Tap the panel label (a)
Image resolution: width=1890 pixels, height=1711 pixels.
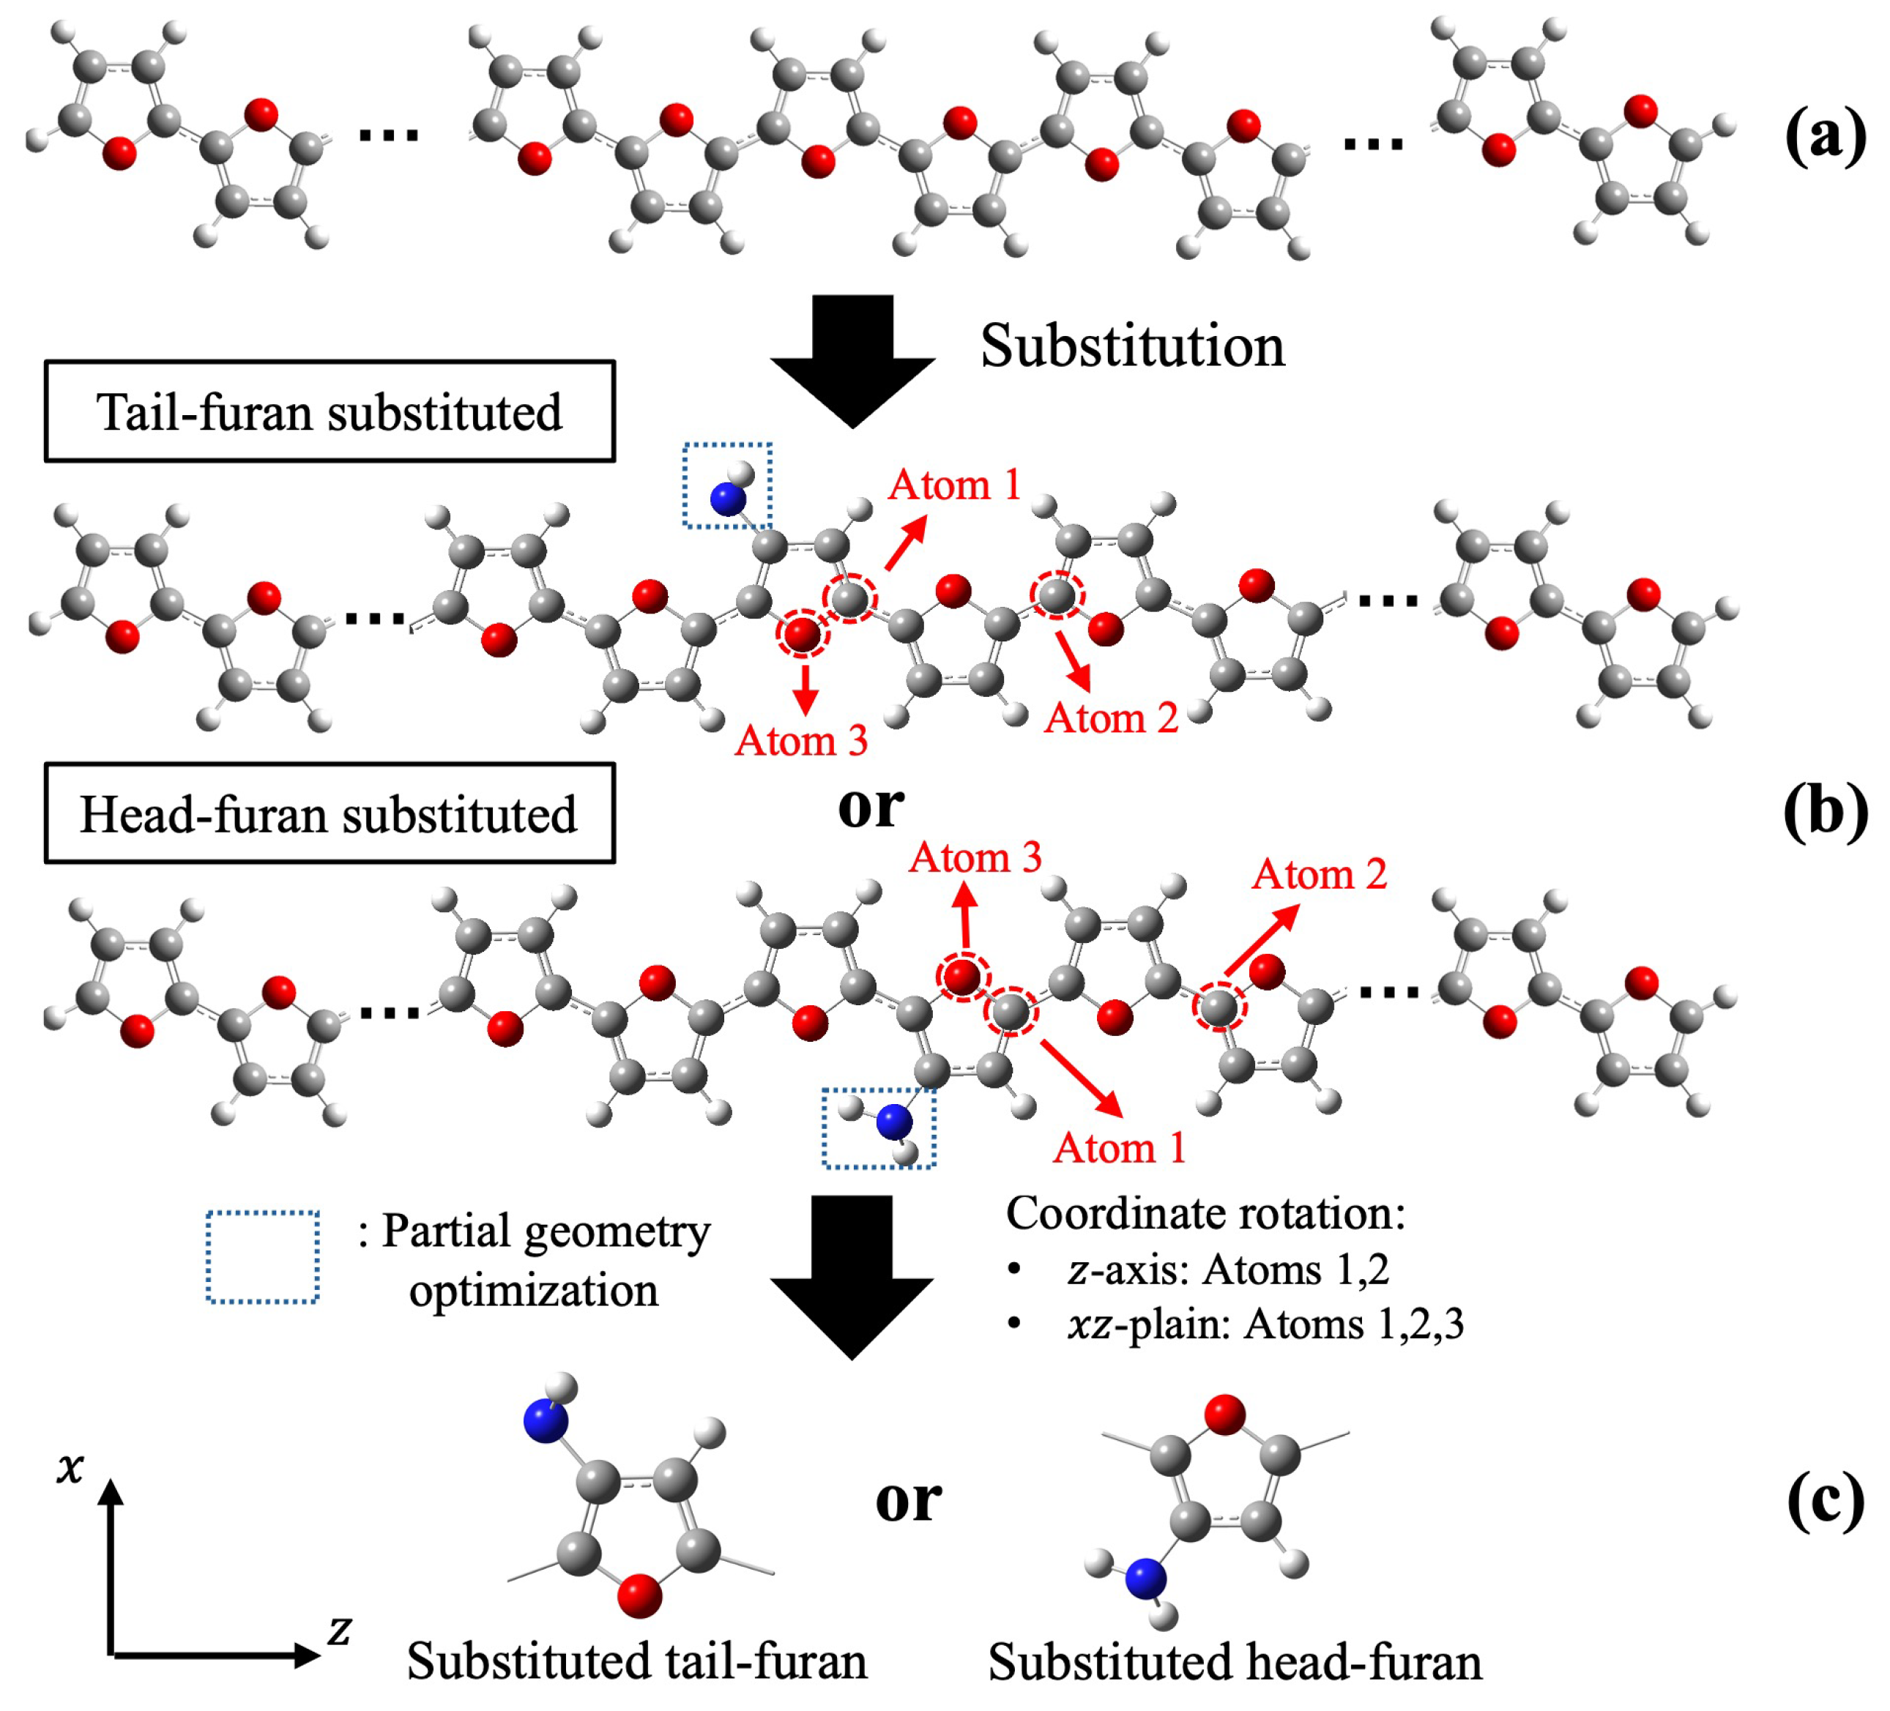[x=1824, y=137]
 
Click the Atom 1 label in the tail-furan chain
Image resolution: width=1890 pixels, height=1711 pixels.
[x=953, y=485]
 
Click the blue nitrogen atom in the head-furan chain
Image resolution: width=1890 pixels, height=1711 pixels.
[x=893, y=1122]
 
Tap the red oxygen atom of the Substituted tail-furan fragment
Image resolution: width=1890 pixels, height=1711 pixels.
[x=639, y=1595]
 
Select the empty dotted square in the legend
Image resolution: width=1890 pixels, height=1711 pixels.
[x=262, y=1257]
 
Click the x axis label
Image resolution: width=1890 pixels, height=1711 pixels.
[x=70, y=1467]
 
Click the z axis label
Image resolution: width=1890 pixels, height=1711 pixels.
[x=338, y=1630]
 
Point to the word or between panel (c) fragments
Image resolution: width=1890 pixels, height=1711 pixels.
[x=907, y=1499]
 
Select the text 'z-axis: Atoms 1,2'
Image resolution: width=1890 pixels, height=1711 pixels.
[x=1227, y=1270]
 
